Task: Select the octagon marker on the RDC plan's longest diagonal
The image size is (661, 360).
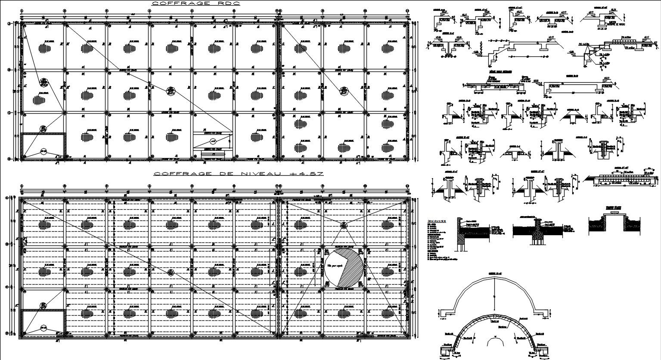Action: coord(171,90)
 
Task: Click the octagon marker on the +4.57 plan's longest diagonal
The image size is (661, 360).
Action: coord(171,272)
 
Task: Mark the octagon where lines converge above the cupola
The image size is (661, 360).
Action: coord(343,225)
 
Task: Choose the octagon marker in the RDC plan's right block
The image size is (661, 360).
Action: coord(344,90)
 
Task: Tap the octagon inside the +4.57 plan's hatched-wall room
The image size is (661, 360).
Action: coord(43,327)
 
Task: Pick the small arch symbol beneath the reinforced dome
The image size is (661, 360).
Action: coord(495,341)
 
